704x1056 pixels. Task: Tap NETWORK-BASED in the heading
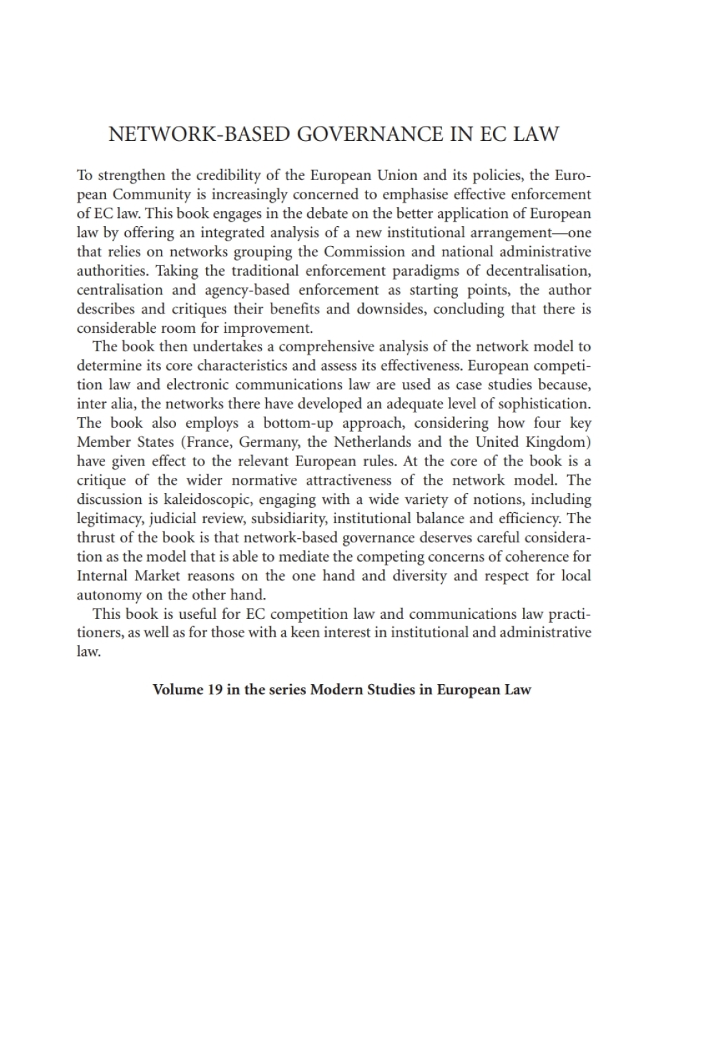point(199,134)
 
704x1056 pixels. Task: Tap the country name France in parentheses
point(206,442)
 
